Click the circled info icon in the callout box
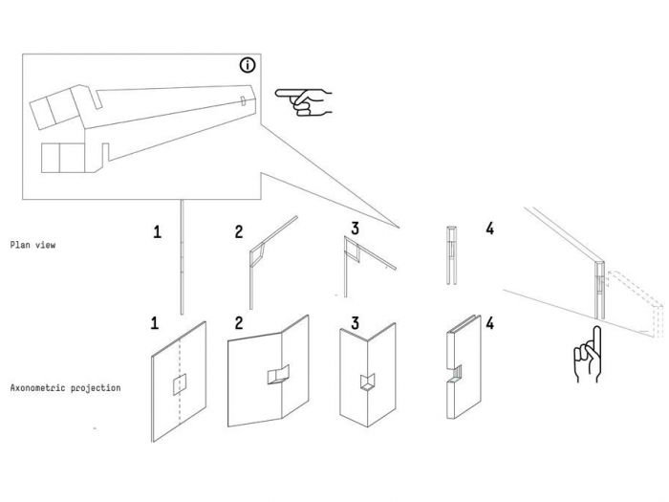(248, 65)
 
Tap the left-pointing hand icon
(301, 100)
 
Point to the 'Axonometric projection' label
(65, 389)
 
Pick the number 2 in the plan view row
(239, 230)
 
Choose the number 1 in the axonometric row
(154, 323)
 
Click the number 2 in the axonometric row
(239, 323)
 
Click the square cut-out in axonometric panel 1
(179, 384)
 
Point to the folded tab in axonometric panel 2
(279, 374)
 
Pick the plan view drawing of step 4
(450, 256)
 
